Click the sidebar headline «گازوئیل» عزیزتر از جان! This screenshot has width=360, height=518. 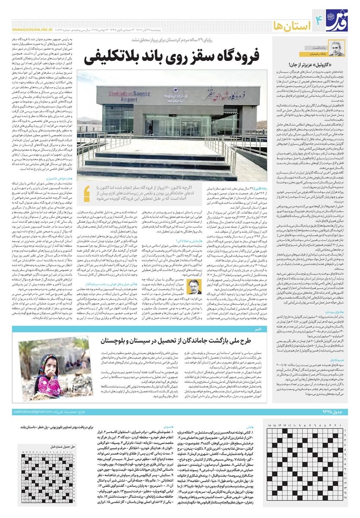coord(320,65)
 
